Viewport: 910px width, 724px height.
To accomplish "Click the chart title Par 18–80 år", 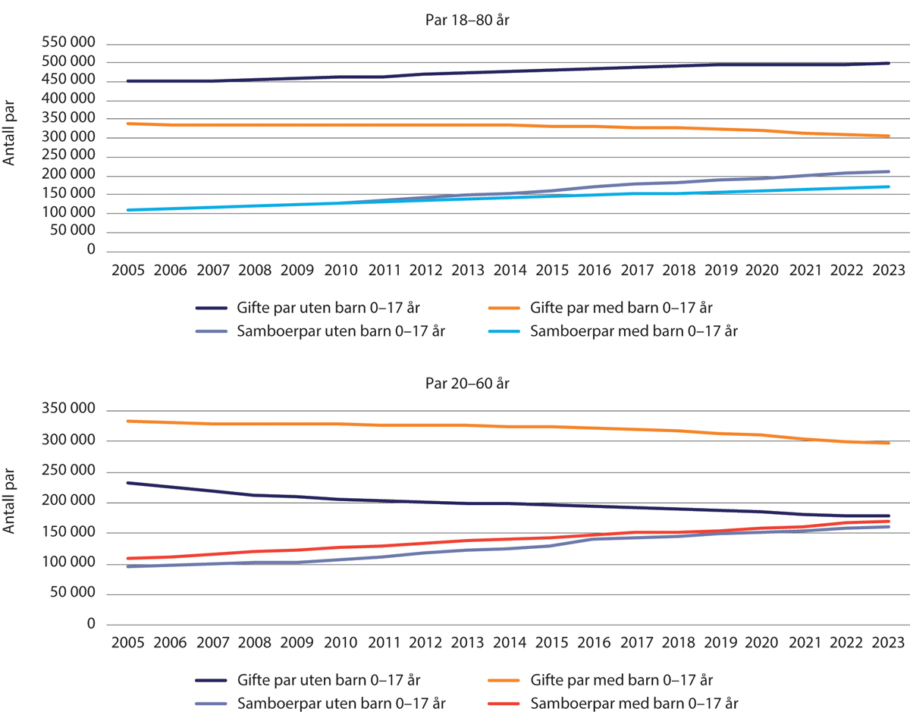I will point(466,20).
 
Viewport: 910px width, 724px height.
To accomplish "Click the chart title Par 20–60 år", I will point(466,384).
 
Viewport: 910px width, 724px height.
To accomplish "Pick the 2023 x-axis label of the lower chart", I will point(887,643).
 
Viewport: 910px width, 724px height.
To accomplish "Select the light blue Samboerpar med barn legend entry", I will point(633,331).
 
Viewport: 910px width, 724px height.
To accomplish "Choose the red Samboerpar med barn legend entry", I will point(633,704).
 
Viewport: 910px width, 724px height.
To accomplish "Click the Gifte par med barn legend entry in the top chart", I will point(621,308).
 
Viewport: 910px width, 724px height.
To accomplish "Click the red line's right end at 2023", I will point(889,522).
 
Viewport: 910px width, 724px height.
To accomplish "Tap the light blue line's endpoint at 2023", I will point(889,186).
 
